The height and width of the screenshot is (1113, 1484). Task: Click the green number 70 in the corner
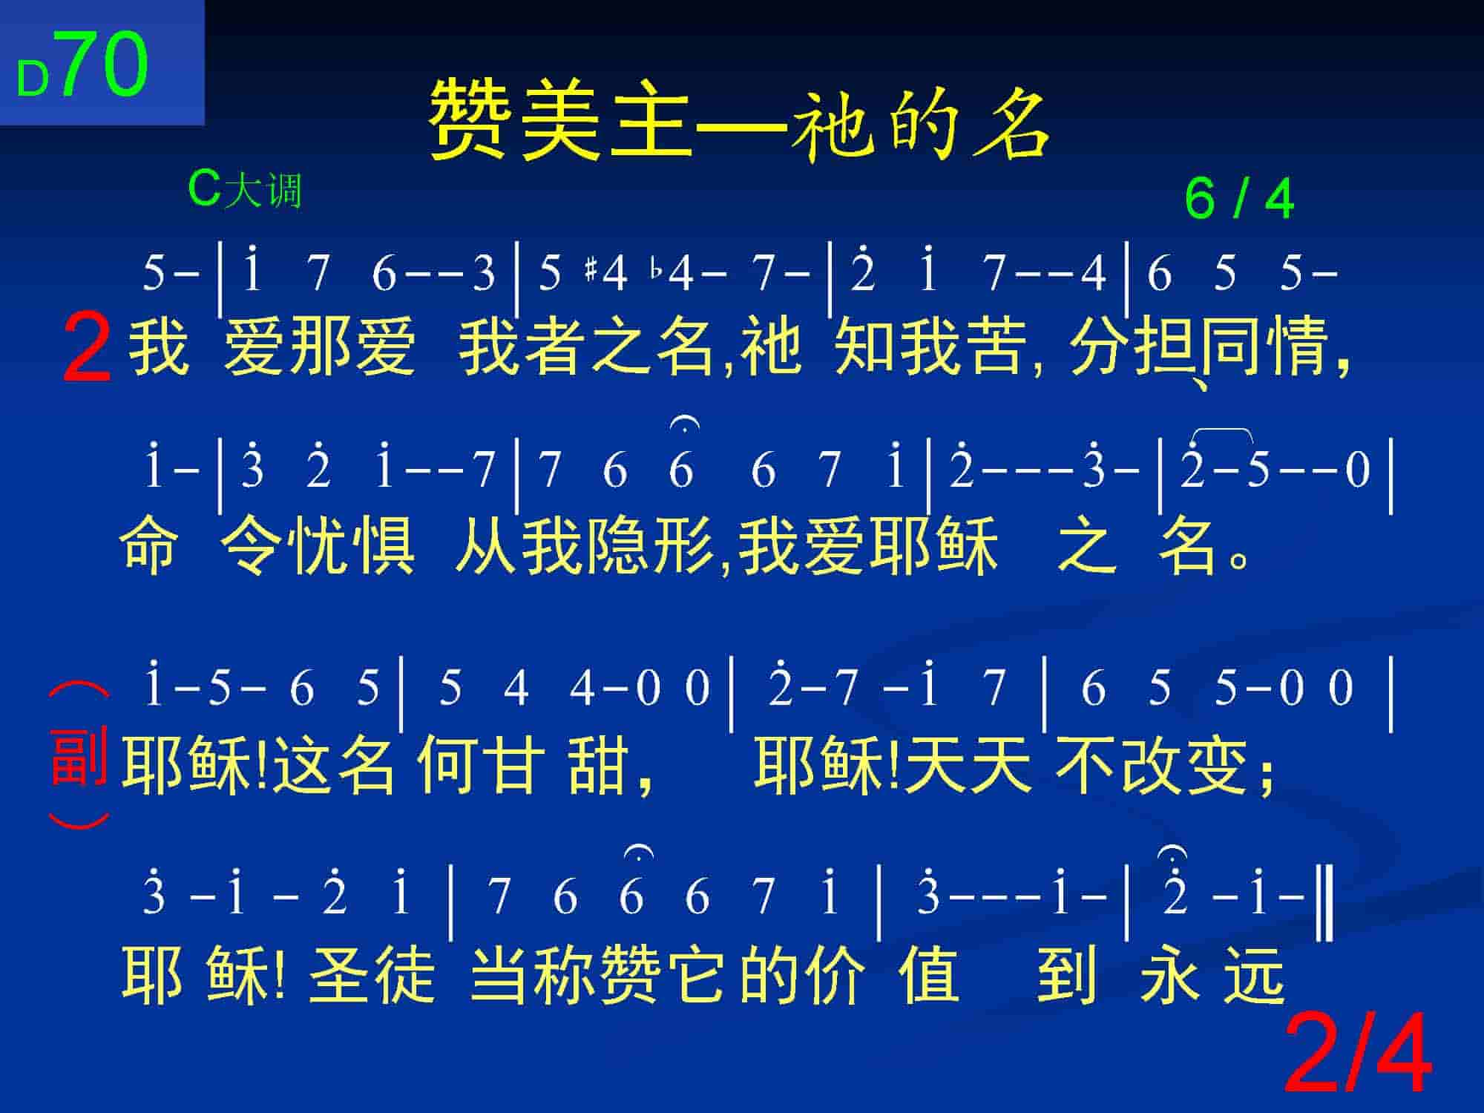coord(104,65)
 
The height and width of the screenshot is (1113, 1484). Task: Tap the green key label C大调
coord(245,190)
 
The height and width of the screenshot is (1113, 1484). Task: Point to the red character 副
coord(79,757)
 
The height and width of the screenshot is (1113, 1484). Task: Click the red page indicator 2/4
coord(1358,1054)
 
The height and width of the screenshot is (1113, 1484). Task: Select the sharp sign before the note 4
coord(591,272)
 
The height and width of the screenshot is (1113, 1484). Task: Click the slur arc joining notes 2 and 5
coord(1222,430)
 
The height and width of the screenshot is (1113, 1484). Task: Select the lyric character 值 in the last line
coord(930,974)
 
